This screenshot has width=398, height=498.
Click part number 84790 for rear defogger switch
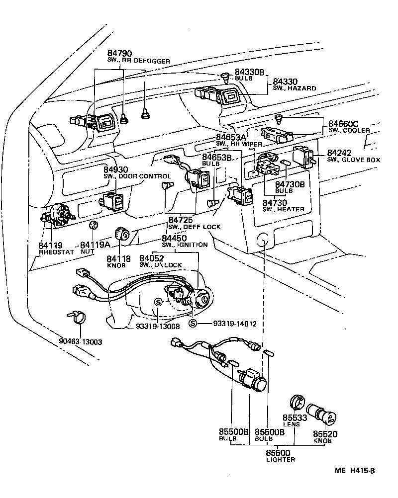coord(120,53)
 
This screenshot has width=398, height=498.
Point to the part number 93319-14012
coord(234,324)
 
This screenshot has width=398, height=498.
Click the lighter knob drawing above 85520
coord(322,414)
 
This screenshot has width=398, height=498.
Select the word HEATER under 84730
coord(292,209)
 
